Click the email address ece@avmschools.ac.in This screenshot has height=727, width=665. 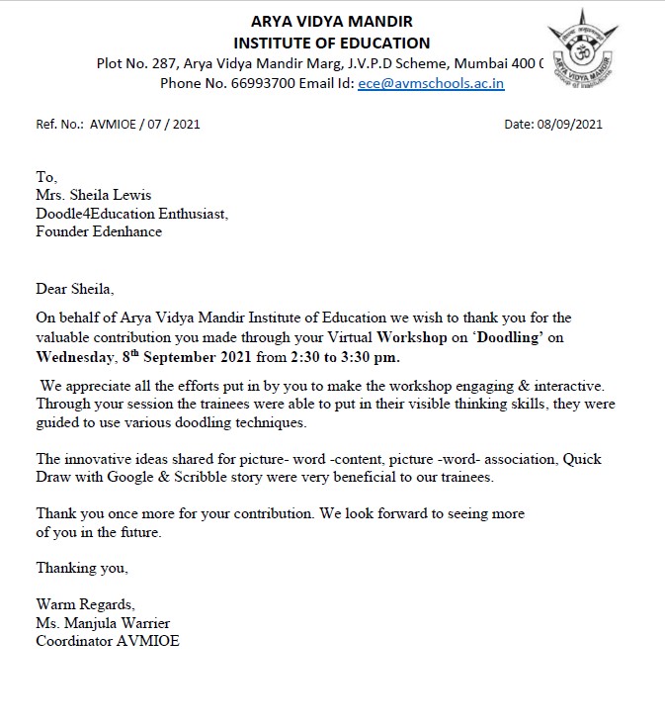click(431, 84)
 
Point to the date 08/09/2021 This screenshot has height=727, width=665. click(568, 125)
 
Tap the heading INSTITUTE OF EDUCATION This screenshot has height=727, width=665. click(332, 43)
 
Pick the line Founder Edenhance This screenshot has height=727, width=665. click(99, 231)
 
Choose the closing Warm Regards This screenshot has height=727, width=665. click(85, 604)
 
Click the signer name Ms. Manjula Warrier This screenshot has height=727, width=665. click(103, 622)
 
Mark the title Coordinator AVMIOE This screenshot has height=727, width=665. click(108, 641)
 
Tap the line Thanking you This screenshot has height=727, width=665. click(82, 568)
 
